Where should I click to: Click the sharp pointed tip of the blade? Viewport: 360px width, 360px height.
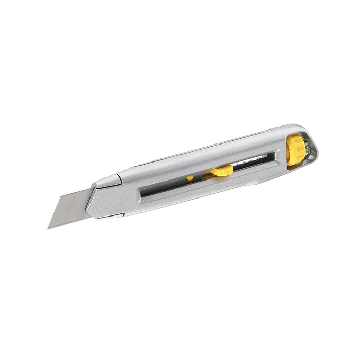click(x=49, y=228)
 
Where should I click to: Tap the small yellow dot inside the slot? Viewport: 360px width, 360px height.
click(x=190, y=177)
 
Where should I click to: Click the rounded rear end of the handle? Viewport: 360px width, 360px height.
click(x=315, y=147)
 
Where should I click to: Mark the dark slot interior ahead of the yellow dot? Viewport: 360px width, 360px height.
click(x=165, y=186)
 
